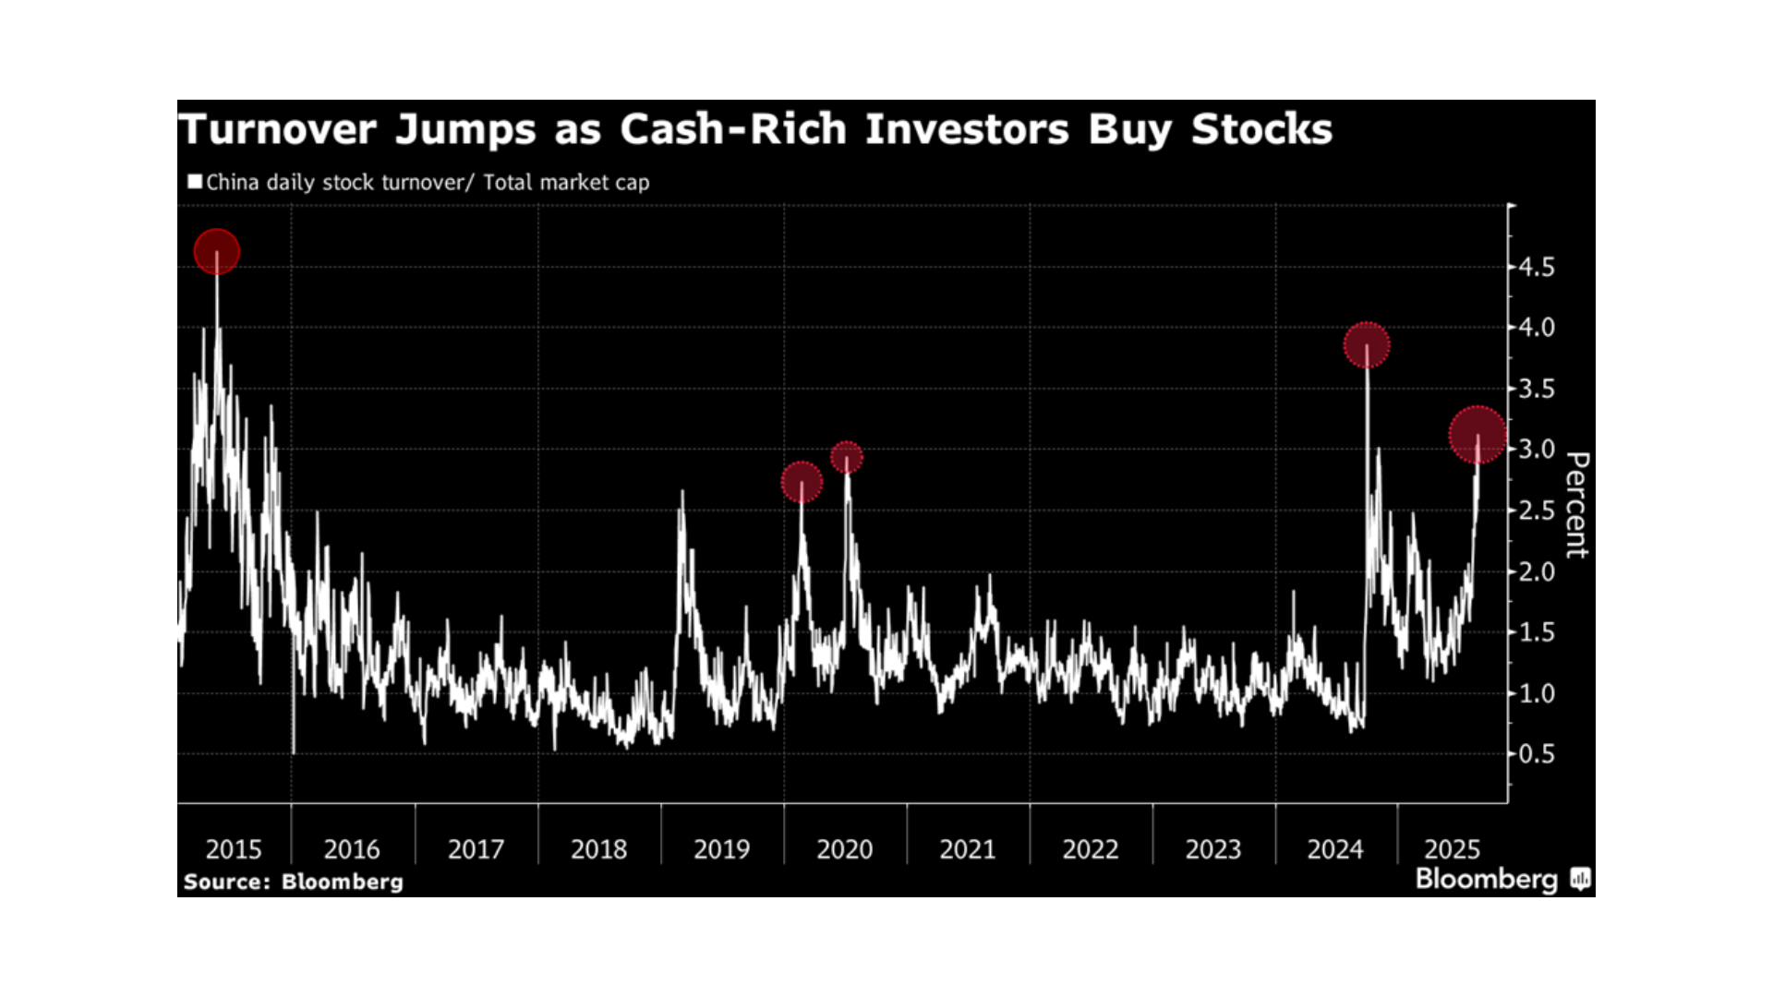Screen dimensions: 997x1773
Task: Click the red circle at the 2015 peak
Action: coord(217,252)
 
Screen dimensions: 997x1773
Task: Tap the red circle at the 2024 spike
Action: coord(1367,345)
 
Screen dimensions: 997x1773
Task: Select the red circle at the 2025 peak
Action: coord(1477,435)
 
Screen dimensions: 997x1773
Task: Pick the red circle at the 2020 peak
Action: coord(847,457)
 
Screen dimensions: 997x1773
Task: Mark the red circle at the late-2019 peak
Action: coord(802,482)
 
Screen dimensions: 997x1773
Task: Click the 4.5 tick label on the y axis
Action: coord(1537,268)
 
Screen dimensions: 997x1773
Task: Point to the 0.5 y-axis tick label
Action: coord(1537,754)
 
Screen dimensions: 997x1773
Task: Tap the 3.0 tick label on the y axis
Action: coord(1537,450)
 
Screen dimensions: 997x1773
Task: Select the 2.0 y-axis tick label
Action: coord(1537,572)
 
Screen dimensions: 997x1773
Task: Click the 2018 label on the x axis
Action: coord(598,849)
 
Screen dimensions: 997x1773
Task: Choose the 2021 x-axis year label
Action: coord(967,849)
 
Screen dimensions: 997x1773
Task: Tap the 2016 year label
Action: coord(351,849)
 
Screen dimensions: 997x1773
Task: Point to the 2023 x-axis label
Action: coord(1212,849)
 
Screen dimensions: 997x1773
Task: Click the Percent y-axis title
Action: coord(1577,505)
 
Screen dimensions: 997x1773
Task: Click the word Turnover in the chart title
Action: coord(278,129)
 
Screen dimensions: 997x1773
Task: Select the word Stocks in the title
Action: coord(1261,129)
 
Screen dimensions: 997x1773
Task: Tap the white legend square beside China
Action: coord(195,181)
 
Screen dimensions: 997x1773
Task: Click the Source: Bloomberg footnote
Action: coord(294,882)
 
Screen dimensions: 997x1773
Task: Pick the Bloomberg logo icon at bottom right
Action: coord(1580,879)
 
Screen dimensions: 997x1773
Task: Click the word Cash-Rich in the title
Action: coord(732,129)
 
